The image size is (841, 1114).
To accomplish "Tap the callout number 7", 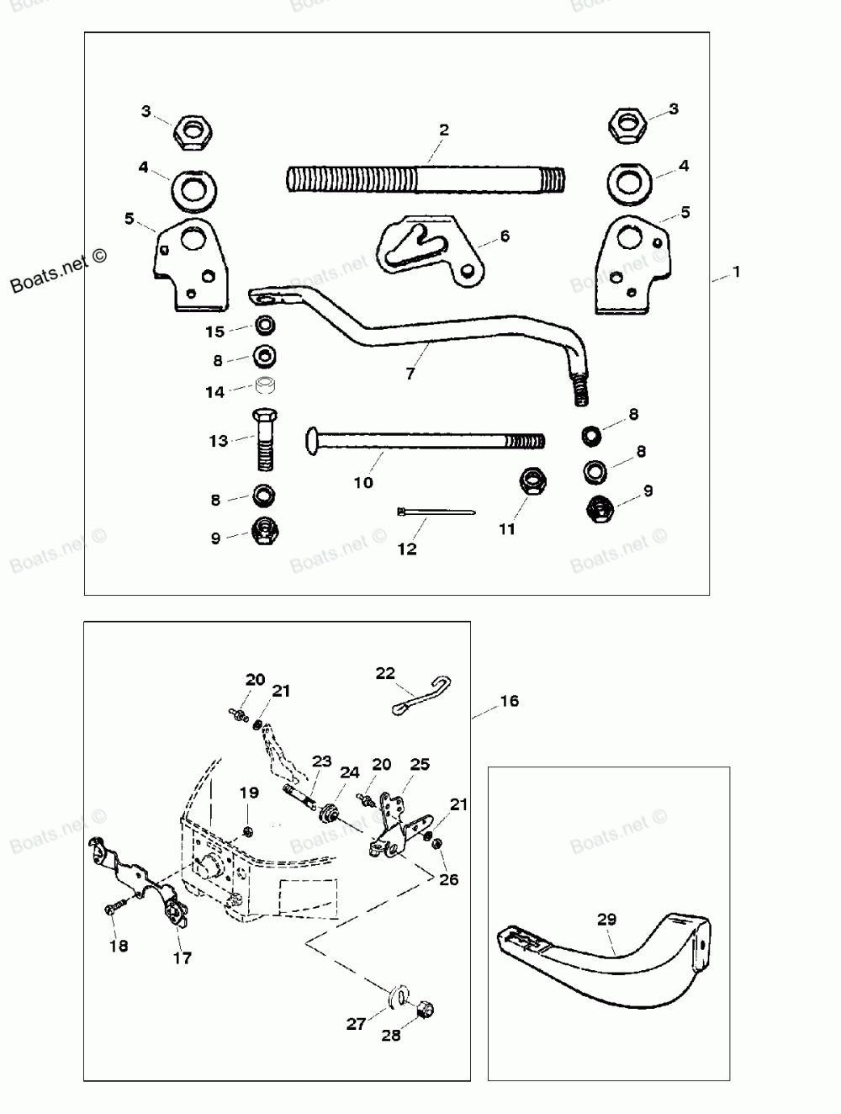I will click(x=410, y=374).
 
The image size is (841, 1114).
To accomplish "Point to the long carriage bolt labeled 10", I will click(x=420, y=440).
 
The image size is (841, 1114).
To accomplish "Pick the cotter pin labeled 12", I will click(x=436, y=511).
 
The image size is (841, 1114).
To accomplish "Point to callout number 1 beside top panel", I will click(x=737, y=273).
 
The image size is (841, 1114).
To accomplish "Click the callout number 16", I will click(x=509, y=701).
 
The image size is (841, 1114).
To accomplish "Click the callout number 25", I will click(x=420, y=764).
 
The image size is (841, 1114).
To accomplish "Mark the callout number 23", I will click(x=322, y=760).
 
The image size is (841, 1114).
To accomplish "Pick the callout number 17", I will click(x=182, y=958).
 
